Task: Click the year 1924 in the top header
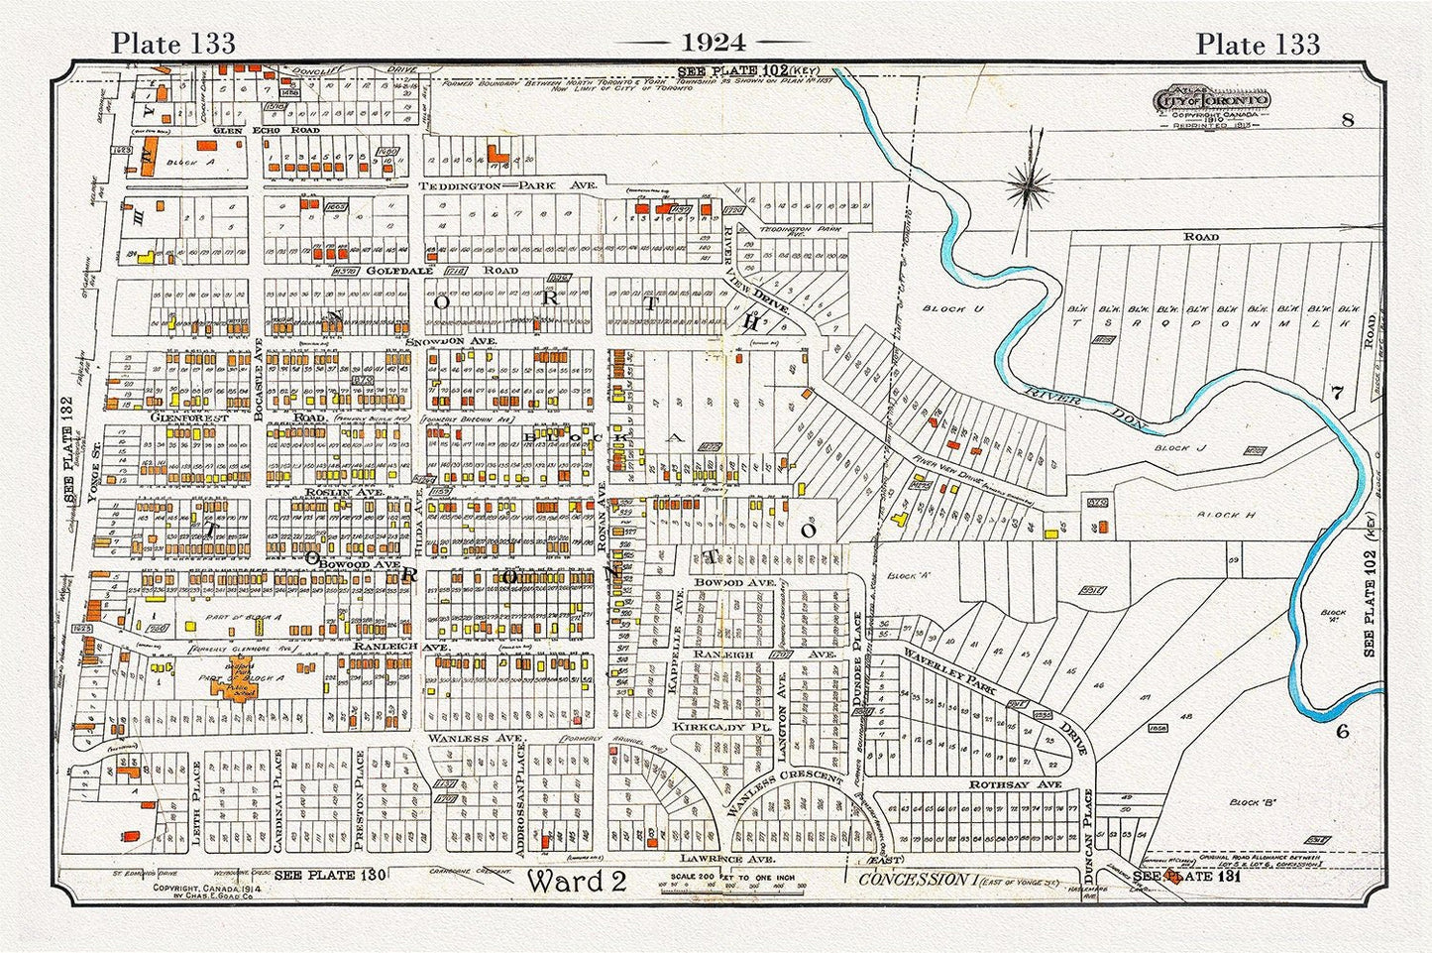714,42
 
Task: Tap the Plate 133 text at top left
172,43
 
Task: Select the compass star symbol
1031,184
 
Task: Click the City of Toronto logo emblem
1211,102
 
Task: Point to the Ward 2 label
576,881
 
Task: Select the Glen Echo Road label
251,131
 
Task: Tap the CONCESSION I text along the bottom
913,879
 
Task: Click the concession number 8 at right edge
1347,121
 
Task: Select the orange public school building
241,679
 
